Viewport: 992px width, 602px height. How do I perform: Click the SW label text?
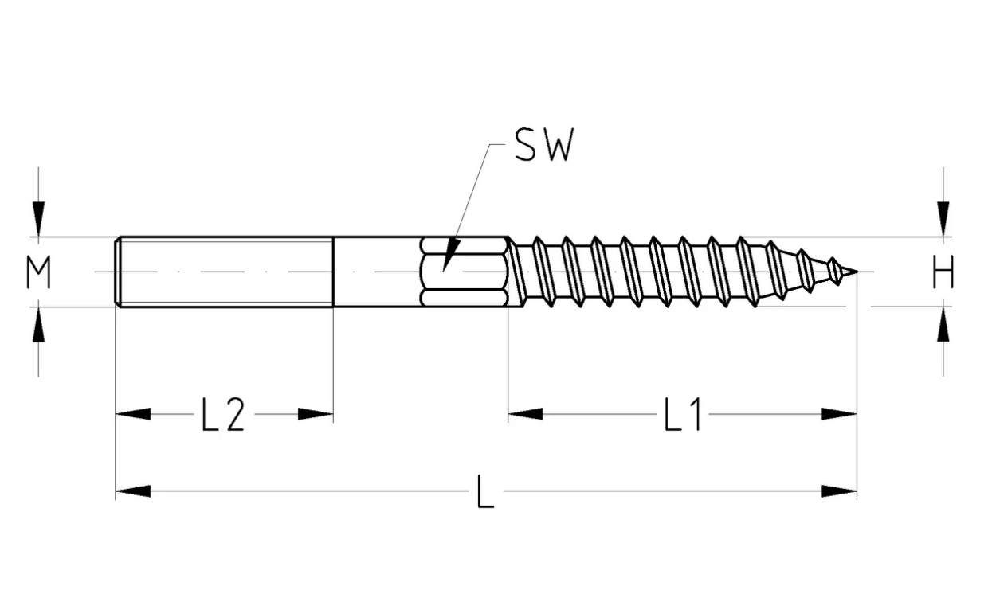(x=545, y=145)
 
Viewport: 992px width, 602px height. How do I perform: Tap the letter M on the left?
(x=38, y=272)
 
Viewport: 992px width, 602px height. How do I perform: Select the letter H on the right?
(x=943, y=272)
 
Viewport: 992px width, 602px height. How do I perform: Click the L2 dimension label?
(x=223, y=414)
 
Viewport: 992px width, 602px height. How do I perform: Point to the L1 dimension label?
(x=682, y=414)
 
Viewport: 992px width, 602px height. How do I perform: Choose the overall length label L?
(x=485, y=491)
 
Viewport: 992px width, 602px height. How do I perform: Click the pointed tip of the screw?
(x=857, y=272)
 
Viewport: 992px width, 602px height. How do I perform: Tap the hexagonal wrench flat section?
(x=464, y=272)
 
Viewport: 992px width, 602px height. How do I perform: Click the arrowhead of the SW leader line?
(x=451, y=255)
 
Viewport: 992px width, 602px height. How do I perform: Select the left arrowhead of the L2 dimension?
(x=133, y=414)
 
